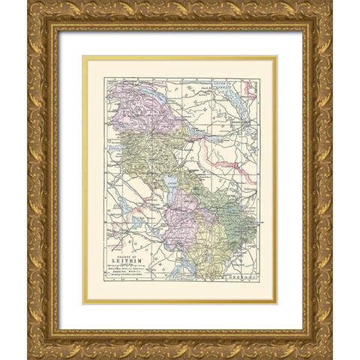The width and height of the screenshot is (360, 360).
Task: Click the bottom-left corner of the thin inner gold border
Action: click(x=84, y=303)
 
